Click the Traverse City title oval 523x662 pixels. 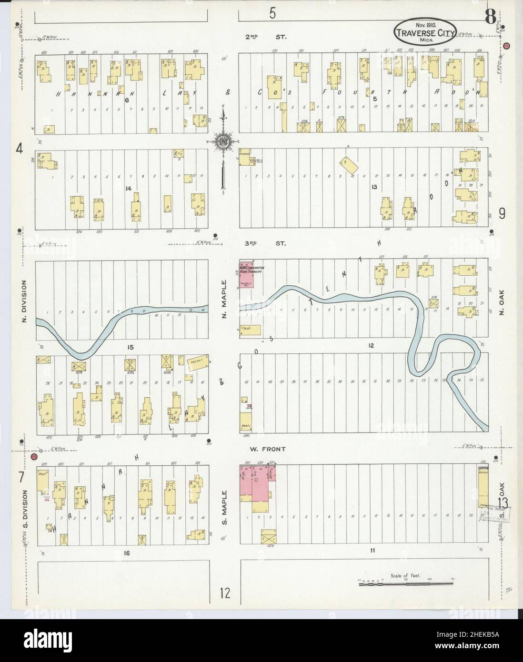click(425, 31)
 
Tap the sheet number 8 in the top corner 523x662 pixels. click(489, 17)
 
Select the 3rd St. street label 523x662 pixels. click(265, 243)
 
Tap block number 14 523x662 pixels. click(128, 189)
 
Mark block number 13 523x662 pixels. click(374, 187)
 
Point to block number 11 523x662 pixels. click(372, 551)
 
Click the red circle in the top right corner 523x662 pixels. click(506, 46)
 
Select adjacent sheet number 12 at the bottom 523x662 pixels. click(224, 593)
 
